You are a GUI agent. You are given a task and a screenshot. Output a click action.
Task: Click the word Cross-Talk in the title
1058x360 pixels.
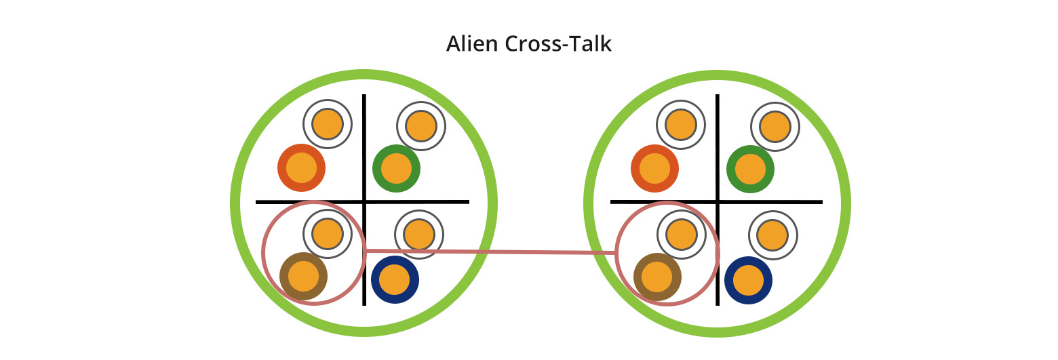coord(557,44)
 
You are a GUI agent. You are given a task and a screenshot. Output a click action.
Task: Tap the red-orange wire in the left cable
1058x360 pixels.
coord(302,167)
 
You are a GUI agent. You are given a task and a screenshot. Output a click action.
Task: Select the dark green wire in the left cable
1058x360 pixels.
coord(397,168)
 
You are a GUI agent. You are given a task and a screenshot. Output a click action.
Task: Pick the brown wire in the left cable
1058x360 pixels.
coord(303,276)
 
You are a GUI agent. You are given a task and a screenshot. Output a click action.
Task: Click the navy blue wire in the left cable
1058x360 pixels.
coord(395,279)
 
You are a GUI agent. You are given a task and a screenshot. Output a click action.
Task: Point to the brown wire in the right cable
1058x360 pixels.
coord(657,276)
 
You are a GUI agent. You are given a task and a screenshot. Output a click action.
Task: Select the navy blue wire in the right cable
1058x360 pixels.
coord(749,280)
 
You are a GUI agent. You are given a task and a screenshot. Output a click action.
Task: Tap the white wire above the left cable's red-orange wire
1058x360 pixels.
coord(328,124)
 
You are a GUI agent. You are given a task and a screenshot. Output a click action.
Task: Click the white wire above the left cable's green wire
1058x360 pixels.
coord(420,125)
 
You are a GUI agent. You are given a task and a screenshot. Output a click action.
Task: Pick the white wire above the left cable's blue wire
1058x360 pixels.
coord(419,235)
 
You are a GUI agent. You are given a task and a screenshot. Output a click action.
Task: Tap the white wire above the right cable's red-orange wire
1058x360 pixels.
coord(680,124)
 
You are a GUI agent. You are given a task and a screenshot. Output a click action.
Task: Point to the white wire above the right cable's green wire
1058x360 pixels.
coord(775,125)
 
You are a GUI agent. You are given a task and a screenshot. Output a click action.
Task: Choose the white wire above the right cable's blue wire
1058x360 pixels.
coord(773,235)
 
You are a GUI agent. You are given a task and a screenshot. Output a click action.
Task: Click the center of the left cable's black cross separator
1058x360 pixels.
coord(365,201)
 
